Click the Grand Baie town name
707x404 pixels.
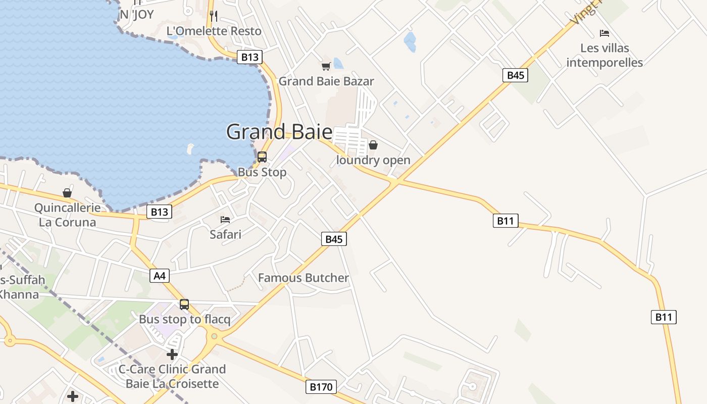click(x=279, y=132)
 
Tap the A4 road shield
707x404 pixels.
click(x=159, y=276)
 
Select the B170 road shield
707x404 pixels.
click(x=321, y=387)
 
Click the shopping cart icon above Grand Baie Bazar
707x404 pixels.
click(x=326, y=66)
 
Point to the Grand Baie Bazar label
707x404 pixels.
click(x=326, y=81)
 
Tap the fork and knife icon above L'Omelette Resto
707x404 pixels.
click(x=214, y=16)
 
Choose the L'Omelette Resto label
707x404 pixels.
click(x=214, y=31)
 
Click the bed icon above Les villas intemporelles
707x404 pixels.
click(x=604, y=33)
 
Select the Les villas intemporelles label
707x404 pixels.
click(x=604, y=56)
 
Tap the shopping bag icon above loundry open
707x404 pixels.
click(x=373, y=145)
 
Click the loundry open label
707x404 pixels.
click(x=373, y=161)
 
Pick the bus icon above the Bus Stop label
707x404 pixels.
click(x=262, y=157)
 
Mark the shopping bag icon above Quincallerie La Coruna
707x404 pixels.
click(x=67, y=193)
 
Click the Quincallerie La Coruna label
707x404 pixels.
click(x=67, y=215)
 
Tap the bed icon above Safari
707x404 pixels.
click(x=225, y=220)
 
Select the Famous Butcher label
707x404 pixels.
click(x=304, y=278)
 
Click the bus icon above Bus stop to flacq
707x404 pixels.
click(x=184, y=305)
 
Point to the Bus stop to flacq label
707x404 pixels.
click(x=184, y=319)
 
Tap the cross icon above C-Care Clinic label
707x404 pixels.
click(x=172, y=355)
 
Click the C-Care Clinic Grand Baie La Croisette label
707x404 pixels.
click(x=172, y=376)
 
